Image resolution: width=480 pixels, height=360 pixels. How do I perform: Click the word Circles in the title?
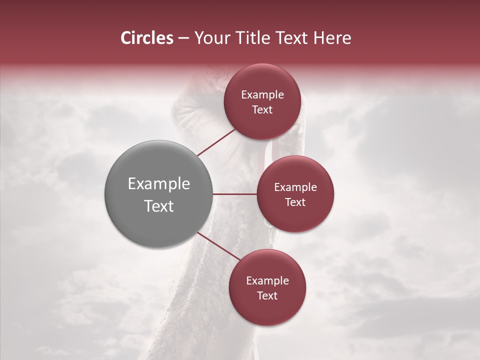click(x=147, y=38)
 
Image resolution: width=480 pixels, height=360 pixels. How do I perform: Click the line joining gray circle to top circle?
click(x=216, y=142)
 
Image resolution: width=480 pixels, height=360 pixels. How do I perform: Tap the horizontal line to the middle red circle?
click(x=234, y=194)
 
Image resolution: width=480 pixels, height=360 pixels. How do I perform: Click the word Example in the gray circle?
click(x=159, y=184)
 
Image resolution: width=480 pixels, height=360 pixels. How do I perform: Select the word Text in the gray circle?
click(x=159, y=206)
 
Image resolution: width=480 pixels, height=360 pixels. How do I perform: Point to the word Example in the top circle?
click(x=262, y=95)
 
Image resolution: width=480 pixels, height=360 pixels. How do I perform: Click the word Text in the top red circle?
click(x=262, y=110)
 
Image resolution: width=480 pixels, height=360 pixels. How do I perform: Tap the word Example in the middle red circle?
click(x=295, y=187)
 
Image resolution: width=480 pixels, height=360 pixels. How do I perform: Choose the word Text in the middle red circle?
click(x=295, y=202)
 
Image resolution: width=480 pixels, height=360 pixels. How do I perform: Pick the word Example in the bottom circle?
click(x=267, y=281)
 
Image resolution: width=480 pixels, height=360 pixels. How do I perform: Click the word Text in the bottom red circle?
click(x=267, y=296)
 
